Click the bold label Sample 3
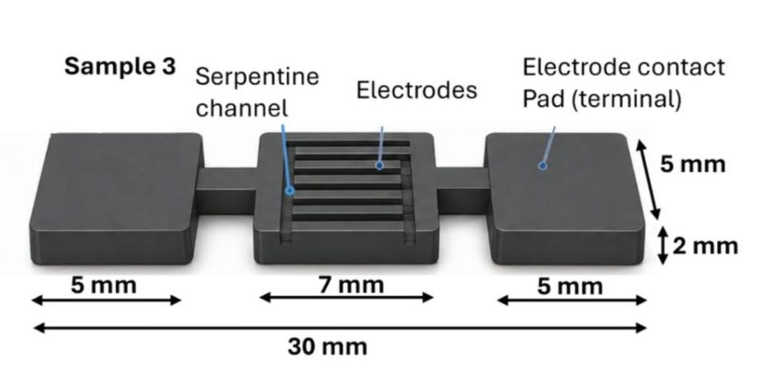[x=120, y=67]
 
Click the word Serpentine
[x=257, y=77]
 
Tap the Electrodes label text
[x=416, y=90]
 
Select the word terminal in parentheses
[x=627, y=100]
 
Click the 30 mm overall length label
[x=327, y=347]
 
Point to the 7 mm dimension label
[x=351, y=285]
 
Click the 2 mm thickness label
[x=705, y=247]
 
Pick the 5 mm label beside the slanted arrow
[x=693, y=164]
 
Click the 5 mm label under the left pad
[x=104, y=286]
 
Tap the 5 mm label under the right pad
[x=570, y=287]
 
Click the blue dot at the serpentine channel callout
[x=290, y=191]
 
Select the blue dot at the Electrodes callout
[x=379, y=166]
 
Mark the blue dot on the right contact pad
[x=542, y=166]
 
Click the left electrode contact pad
[x=116, y=199]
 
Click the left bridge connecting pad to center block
[x=228, y=190]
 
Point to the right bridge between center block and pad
[x=462, y=190]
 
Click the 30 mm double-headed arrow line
[x=340, y=328]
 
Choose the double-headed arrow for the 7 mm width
[x=346, y=297]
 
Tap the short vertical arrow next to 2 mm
[x=663, y=245]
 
